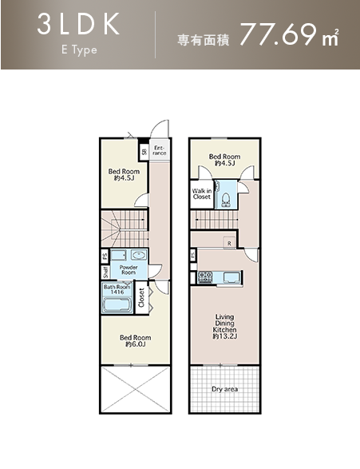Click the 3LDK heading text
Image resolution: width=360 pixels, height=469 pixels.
click(78, 25)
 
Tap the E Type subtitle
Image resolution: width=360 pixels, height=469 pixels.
click(79, 50)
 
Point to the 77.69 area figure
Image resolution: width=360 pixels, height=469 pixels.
click(278, 34)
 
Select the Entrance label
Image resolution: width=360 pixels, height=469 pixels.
click(159, 150)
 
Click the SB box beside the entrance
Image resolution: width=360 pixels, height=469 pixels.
click(144, 152)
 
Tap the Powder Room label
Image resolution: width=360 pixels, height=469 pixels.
click(129, 270)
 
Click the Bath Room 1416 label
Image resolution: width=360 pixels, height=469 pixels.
click(117, 289)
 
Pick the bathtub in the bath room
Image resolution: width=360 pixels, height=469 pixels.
click(117, 305)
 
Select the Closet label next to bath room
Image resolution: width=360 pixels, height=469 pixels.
click(141, 297)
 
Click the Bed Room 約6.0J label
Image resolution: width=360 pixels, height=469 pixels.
click(136, 341)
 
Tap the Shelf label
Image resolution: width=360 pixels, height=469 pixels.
click(105, 272)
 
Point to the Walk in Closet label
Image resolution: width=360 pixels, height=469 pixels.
click(202, 194)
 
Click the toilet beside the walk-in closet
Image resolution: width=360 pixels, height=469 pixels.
click(226, 201)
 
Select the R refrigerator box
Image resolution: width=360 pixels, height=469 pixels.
click(229, 243)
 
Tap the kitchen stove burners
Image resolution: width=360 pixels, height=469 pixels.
click(205, 277)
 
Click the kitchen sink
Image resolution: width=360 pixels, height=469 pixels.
click(231, 277)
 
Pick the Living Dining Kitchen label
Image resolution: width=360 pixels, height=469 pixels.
click(224, 327)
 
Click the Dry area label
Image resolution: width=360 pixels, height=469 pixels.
click(224, 389)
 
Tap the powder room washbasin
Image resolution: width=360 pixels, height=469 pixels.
click(139, 256)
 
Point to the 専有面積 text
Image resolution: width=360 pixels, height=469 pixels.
click(204, 40)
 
